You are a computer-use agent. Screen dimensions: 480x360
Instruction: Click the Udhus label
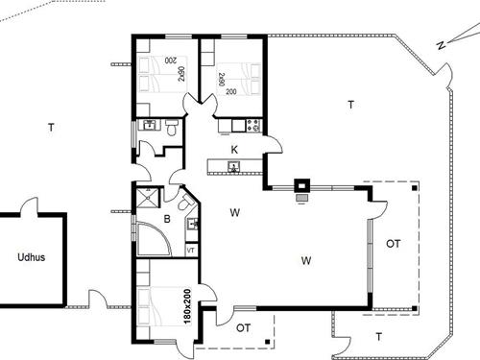(31, 257)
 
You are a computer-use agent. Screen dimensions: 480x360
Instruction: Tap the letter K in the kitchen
(234, 150)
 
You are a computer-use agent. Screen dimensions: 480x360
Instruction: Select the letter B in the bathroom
(167, 219)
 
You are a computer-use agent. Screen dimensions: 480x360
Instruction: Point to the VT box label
(191, 250)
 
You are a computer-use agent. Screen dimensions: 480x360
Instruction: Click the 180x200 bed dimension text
(187, 306)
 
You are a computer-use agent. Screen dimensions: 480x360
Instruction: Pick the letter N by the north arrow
(441, 45)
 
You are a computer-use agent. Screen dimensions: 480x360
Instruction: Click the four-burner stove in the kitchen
(253, 126)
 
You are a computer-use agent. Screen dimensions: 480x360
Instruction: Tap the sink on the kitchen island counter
(234, 167)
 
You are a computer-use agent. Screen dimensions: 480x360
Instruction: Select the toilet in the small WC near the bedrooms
(172, 128)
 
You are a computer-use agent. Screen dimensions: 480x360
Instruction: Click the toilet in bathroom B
(184, 203)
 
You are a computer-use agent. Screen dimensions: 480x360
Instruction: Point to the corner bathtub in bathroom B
(154, 239)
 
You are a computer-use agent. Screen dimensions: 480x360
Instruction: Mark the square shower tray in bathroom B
(148, 198)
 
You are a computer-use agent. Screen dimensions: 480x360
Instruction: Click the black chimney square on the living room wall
(302, 186)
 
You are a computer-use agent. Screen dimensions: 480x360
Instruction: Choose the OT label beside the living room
(393, 244)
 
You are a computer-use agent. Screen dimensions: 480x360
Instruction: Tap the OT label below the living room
(243, 327)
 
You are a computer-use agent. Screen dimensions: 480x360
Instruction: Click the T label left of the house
(51, 128)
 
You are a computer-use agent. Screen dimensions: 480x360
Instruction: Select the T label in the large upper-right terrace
(351, 105)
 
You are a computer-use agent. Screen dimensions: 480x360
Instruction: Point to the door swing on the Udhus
(29, 204)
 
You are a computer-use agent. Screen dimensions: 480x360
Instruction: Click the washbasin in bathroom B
(192, 224)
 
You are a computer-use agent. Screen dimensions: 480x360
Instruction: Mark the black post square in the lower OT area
(268, 342)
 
